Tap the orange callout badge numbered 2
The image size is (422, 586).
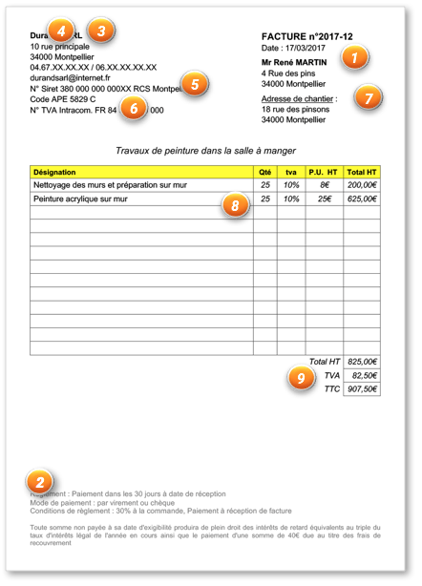click(x=37, y=481)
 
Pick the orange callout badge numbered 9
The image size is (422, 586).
click(x=302, y=378)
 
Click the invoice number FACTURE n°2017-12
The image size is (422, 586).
click(x=306, y=36)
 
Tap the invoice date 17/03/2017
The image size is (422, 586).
click(x=306, y=48)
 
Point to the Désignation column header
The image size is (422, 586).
click(x=57, y=172)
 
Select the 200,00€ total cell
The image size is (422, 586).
click(x=362, y=185)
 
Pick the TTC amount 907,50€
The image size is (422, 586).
click(x=362, y=389)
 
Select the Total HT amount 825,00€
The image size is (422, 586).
click(x=362, y=362)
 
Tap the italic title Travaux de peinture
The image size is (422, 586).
click(x=205, y=151)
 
